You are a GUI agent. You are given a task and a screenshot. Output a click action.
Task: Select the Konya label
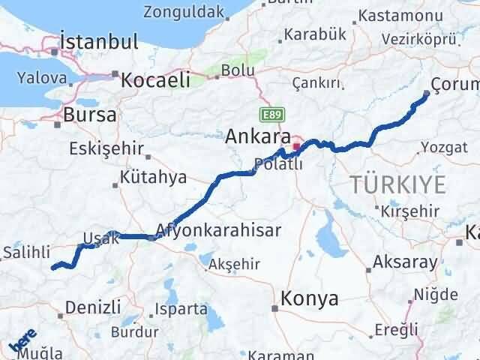click(x=309, y=298)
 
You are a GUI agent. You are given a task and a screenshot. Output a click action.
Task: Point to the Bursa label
click(x=90, y=115)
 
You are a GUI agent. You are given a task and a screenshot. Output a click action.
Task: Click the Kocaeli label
click(x=156, y=79)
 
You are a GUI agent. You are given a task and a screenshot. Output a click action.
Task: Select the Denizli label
click(x=93, y=307)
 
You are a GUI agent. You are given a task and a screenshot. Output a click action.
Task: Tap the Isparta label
click(x=181, y=308)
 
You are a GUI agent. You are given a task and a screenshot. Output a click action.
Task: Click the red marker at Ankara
click(x=297, y=145)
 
